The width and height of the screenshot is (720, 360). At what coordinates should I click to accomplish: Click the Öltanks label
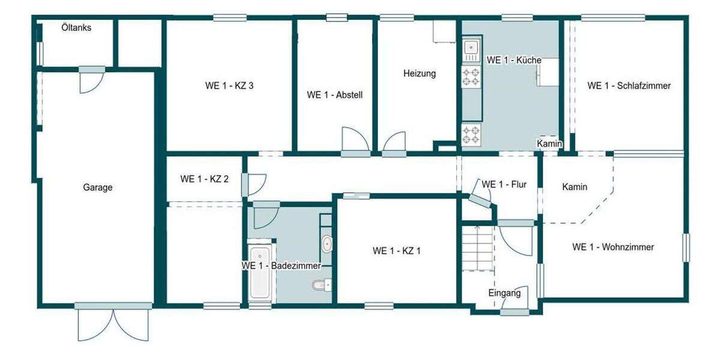[76, 27]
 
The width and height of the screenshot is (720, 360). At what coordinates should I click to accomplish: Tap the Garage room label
[97, 187]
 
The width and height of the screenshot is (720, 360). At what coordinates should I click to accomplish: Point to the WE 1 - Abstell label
[335, 94]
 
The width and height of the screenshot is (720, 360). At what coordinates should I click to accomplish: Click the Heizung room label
[419, 74]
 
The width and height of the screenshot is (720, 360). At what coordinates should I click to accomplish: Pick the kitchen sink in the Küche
[471, 46]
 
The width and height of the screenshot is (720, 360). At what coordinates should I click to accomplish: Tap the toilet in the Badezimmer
[320, 284]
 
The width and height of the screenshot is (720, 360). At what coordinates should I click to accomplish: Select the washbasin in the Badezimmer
[327, 244]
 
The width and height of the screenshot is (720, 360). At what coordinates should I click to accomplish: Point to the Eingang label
[504, 293]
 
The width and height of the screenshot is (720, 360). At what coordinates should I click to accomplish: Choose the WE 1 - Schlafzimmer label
[629, 85]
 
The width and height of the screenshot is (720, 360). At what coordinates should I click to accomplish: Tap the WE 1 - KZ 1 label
[397, 251]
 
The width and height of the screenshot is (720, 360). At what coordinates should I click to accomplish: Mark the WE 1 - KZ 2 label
[204, 179]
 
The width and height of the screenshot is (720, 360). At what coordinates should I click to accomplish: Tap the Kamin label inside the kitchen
[549, 144]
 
